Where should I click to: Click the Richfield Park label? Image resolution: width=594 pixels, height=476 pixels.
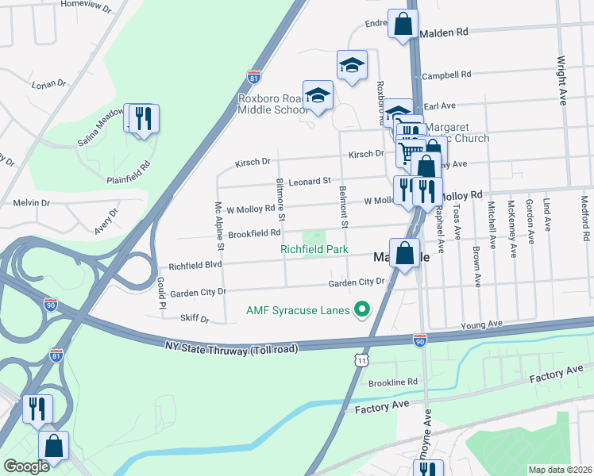click(x=314, y=249)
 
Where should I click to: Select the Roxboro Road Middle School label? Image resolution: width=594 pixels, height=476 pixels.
click(x=273, y=104)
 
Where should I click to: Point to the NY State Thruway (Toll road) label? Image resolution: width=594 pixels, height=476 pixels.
click(x=231, y=348)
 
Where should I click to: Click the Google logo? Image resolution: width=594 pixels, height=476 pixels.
click(x=26, y=466)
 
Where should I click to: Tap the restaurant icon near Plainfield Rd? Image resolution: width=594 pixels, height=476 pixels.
click(x=144, y=119)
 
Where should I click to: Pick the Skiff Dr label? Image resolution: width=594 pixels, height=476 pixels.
click(x=194, y=320)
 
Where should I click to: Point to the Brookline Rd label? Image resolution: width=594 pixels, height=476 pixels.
click(x=395, y=382)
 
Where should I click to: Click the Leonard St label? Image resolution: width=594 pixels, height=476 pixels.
click(x=309, y=181)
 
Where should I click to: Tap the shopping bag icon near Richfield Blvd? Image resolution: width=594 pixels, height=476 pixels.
click(x=404, y=255)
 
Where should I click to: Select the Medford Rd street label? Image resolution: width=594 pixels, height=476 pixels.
click(x=584, y=218)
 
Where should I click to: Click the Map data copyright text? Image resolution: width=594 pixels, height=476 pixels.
click(x=561, y=470)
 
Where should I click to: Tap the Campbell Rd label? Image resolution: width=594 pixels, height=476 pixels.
click(x=446, y=75)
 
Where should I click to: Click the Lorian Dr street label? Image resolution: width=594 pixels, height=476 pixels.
click(x=48, y=83)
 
